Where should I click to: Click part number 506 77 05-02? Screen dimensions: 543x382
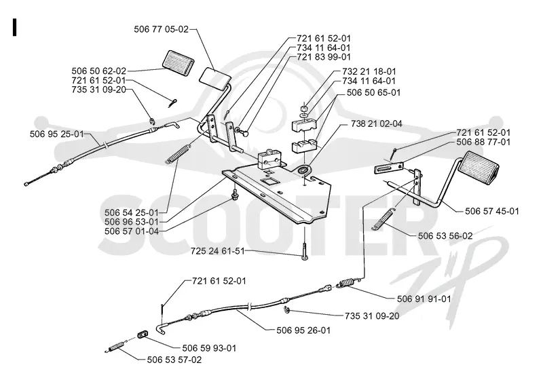(162, 29)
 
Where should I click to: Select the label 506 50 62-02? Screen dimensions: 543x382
(99, 71)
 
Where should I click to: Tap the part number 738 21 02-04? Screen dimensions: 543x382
(371, 123)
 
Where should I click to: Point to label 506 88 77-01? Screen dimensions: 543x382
(483, 142)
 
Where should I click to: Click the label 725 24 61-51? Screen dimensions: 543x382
(217, 251)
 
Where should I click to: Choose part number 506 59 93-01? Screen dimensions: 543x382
(209, 347)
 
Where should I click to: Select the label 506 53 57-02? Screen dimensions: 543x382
(174, 360)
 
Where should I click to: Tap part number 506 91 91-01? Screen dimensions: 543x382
(424, 299)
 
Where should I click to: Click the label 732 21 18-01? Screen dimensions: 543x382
(369, 71)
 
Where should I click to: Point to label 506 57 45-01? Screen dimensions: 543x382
(491, 211)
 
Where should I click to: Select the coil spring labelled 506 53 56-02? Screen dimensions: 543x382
(383, 219)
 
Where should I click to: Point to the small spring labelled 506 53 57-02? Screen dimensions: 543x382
(114, 347)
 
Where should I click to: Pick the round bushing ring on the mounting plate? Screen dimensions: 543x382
(304, 170)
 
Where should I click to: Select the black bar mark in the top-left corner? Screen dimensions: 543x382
(14, 27)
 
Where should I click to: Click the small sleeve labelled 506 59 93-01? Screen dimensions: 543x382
(143, 335)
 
